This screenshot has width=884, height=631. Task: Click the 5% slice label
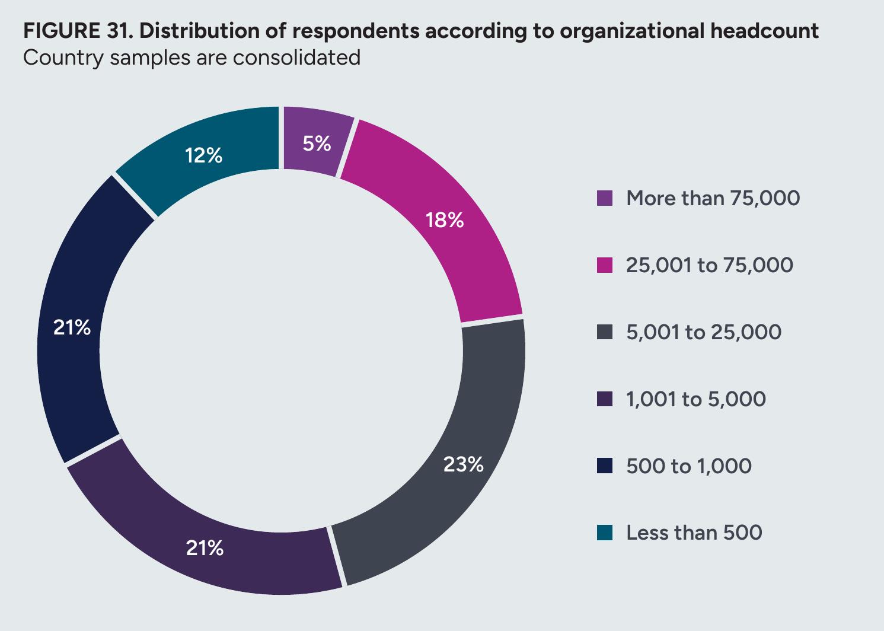pos(317,144)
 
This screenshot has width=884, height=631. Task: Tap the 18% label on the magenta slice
pos(444,220)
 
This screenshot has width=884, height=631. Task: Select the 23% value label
pos(463,464)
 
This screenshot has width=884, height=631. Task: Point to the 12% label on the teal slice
pos(203,155)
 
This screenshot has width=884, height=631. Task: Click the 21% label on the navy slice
pos(72,327)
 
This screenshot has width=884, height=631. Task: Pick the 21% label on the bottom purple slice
pos(205,548)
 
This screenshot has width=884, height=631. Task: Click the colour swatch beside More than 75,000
pos(605,198)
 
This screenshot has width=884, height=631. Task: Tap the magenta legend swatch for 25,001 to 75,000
pos(605,265)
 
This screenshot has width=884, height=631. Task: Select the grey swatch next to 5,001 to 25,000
pos(605,332)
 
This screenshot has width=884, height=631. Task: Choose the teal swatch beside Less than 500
pos(605,533)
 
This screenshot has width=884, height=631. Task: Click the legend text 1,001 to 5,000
pos(696,399)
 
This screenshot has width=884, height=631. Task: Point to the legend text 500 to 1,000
pos(689,466)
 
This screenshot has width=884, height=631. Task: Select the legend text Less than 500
pos(694,533)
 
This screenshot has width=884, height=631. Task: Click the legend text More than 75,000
pos(713,198)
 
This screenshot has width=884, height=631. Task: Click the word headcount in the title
pos(764,31)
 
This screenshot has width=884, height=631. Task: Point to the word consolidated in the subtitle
pos(296,58)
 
